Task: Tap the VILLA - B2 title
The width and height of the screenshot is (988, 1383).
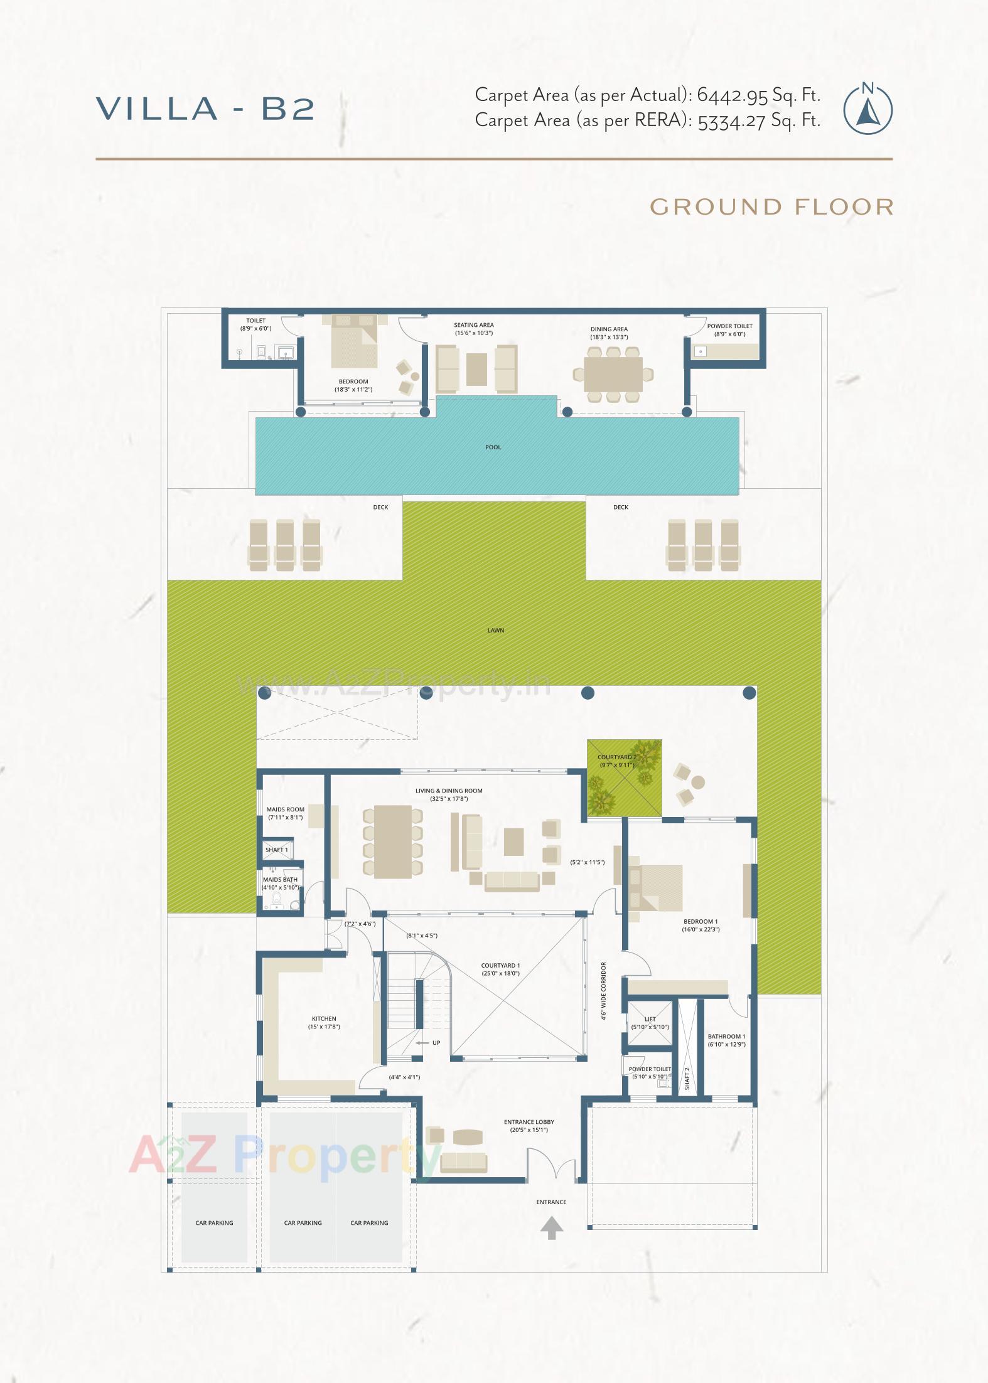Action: pos(205,109)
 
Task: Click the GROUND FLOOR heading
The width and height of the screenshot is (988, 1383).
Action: pos(771,207)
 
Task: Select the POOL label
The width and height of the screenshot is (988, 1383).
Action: pos(493,447)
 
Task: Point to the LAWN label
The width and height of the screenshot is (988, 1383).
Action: pos(496,630)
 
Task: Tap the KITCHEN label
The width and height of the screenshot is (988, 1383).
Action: pos(324,1018)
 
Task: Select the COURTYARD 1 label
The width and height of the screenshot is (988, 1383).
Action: pos(500,966)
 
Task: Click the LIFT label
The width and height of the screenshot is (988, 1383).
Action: pos(650,1019)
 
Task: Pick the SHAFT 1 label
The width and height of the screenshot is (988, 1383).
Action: pos(276,850)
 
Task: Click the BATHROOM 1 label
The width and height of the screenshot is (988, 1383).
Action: pos(726,1037)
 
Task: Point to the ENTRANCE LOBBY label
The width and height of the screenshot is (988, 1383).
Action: pos(529,1122)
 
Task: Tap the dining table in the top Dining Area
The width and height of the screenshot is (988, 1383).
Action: pos(613,375)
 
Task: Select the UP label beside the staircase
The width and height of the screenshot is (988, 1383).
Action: pos(436,1043)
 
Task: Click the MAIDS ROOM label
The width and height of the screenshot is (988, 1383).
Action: pos(285,809)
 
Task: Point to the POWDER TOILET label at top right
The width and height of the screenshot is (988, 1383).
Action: pos(729,326)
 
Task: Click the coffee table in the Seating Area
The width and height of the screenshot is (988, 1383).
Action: pos(477,370)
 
